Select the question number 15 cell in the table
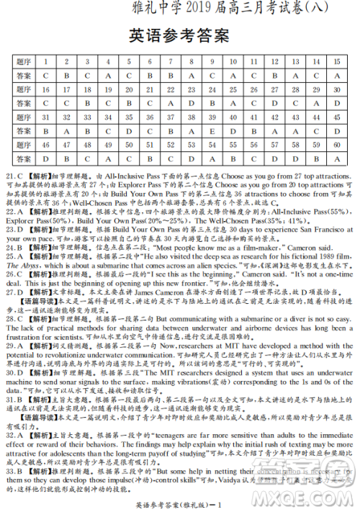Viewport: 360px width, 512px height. point(337,63)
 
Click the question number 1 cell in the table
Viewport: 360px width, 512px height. point(46,63)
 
